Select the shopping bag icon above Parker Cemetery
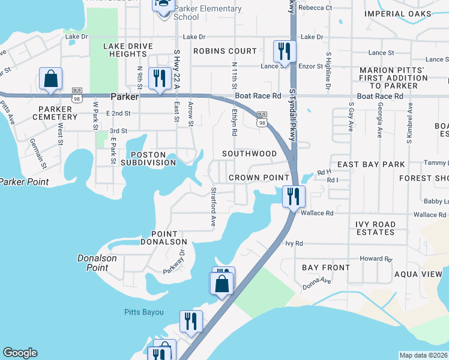(x=51, y=79)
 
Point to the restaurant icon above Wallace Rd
(x=294, y=196)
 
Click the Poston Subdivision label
(x=148, y=158)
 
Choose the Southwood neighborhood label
(x=249, y=154)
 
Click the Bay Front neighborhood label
(x=325, y=268)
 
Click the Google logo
(x=20, y=353)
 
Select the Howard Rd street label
(x=376, y=259)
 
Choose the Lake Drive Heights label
(x=125, y=50)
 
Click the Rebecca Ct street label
(x=319, y=8)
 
